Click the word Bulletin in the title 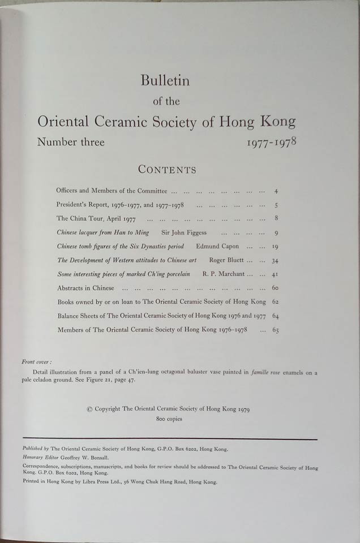point(165,81)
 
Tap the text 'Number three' point(71,142)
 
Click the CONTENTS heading point(167,170)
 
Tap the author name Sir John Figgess point(185,232)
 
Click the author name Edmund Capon point(217,247)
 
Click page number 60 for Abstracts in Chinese point(275,288)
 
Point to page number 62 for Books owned point(275,302)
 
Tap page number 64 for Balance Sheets point(275,316)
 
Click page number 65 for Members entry point(275,330)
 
